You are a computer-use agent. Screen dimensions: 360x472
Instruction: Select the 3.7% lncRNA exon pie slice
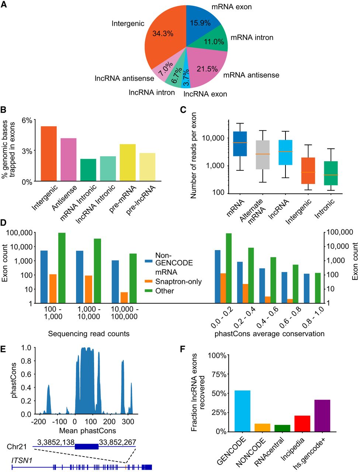coord(186,79)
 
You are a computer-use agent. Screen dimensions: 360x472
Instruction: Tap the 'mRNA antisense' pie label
coord(251,75)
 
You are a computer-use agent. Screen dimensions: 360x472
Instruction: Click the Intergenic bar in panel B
coord(49,153)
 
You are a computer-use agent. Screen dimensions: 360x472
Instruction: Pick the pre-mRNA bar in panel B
coord(128,162)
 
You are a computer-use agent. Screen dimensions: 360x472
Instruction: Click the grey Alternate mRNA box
coord(263,155)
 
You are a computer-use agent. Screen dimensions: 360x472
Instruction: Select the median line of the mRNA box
coord(240,143)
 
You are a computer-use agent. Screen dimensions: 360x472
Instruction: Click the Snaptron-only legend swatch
coord(149,281)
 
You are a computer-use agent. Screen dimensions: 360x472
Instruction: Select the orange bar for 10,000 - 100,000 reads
coord(124,298)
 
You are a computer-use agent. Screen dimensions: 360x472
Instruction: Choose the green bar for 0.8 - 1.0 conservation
coord(318,288)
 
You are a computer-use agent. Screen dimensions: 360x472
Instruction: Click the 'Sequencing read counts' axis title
coord(89,334)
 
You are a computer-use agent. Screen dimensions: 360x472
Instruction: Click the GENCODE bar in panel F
coord(242,411)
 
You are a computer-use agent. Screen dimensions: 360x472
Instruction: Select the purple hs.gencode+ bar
coord(322,416)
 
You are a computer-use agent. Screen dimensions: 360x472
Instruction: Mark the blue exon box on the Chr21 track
coord(87,447)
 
